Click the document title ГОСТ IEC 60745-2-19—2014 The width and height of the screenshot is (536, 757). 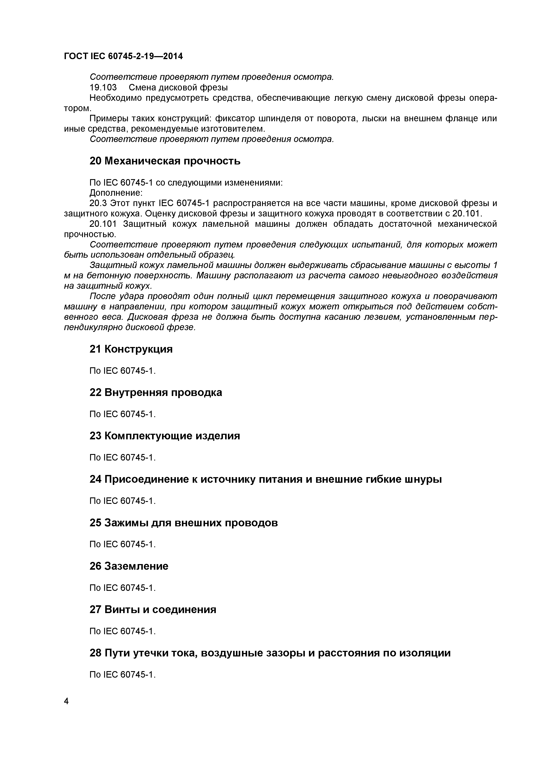(123, 56)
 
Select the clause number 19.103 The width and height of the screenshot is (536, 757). (103, 87)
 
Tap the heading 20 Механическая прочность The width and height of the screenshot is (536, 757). (165, 161)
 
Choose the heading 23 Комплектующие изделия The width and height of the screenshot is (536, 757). (165, 436)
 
